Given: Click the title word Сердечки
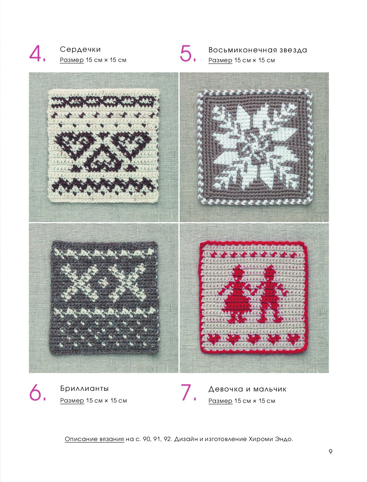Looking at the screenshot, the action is pyautogui.click(x=80, y=49).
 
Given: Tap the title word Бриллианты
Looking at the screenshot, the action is pyautogui.click(x=84, y=388).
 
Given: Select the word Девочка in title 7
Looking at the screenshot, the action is pyautogui.click(x=226, y=389).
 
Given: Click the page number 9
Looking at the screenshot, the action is pyautogui.click(x=330, y=452).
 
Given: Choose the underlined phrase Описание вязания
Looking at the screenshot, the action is pyautogui.click(x=94, y=439).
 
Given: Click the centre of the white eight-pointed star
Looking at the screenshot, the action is pyautogui.click(x=255, y=146).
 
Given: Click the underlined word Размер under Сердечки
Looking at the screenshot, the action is pyautogui.click(x=72, y=60).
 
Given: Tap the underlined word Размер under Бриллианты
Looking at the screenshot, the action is pyautogui.click(x=72, y=400).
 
